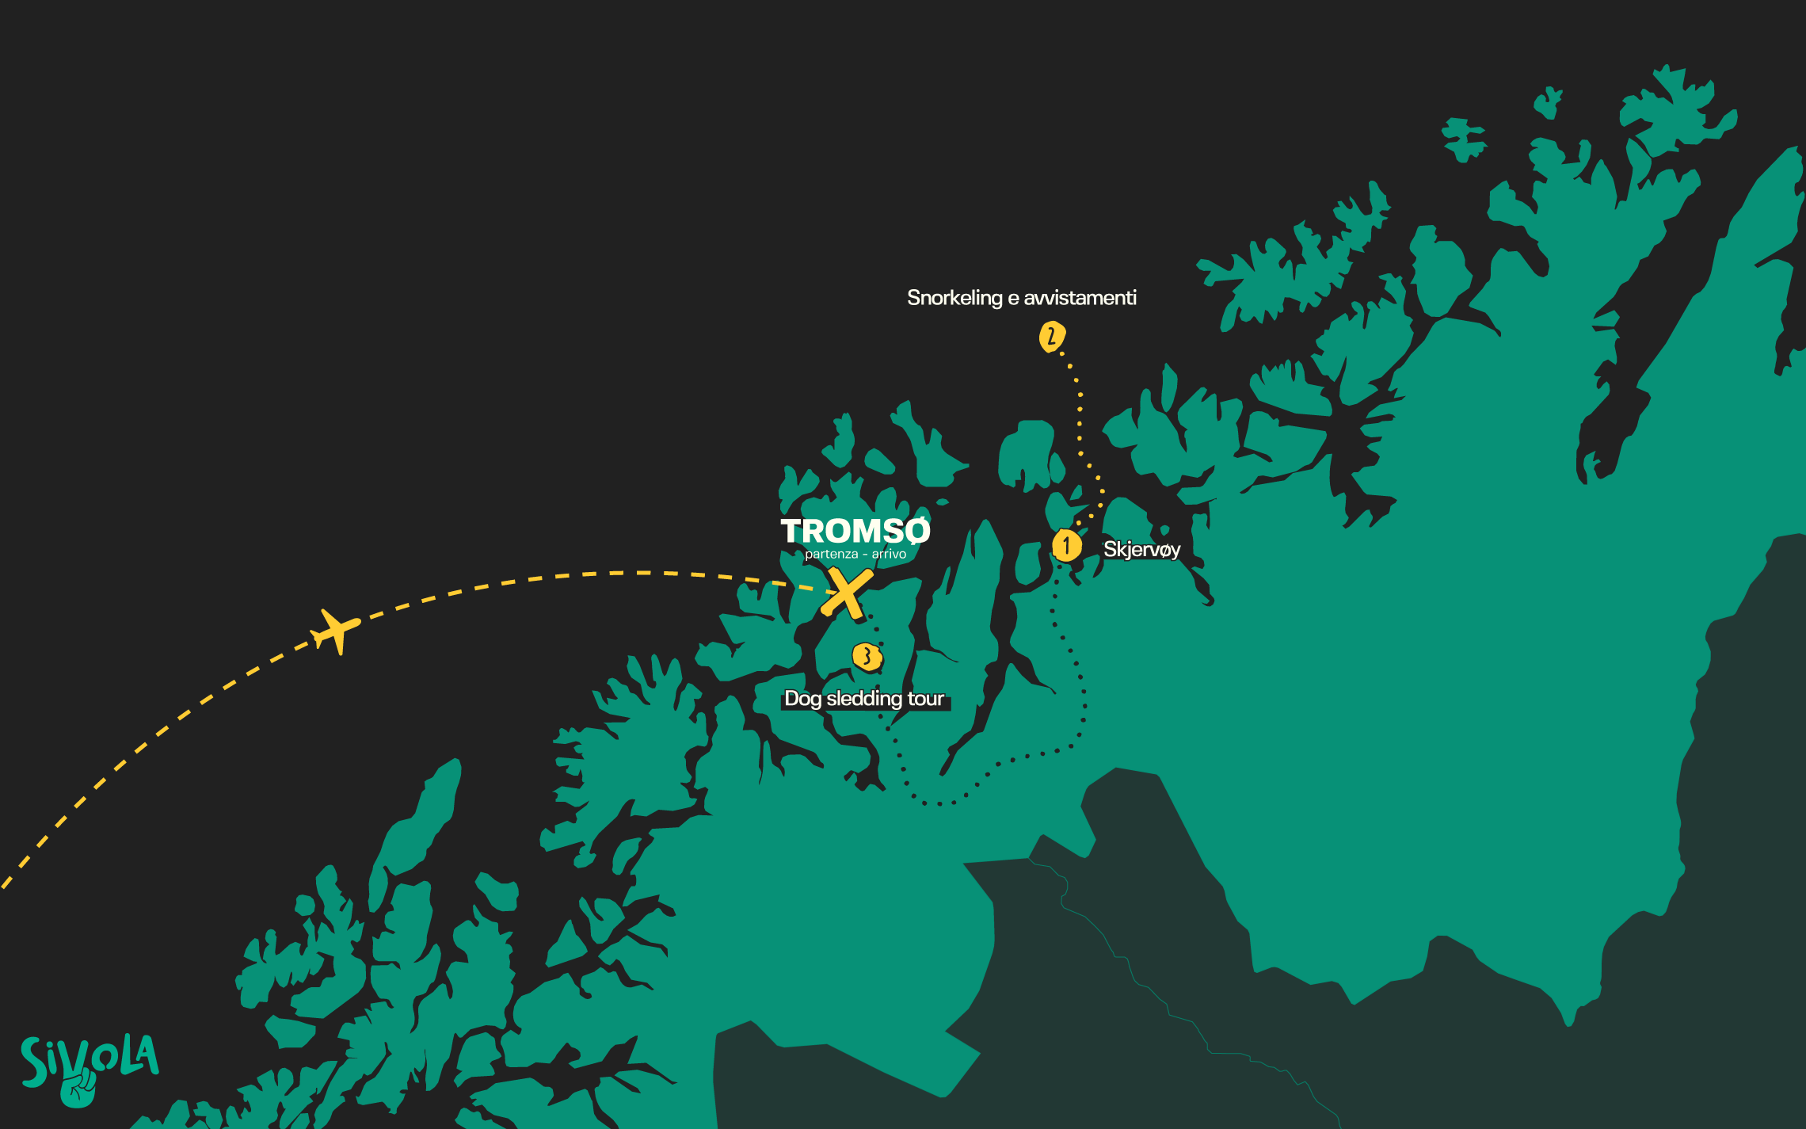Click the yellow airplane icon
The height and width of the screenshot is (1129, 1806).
[x=336, y=631]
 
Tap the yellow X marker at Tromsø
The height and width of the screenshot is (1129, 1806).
[x=846, y=593]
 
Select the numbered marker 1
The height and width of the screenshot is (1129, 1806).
[x=1066, y=545]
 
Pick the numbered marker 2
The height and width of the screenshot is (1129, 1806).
[x=1051, y=337]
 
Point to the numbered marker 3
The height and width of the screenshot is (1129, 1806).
[x=867, y=657]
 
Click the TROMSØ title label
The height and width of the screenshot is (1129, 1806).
[x=855, y=531]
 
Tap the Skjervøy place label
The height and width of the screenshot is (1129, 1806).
[x=1141, y=549]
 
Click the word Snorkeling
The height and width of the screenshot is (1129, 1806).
[x=954, y=298]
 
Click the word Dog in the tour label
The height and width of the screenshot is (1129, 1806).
[x=802, y=699]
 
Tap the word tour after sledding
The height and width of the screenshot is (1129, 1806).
[x=925, y=698]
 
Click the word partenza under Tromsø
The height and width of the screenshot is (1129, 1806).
[x=831, y=554]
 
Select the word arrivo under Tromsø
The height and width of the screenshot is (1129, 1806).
[x=889, y=554]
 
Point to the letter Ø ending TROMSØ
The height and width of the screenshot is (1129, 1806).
[x=916, y=531]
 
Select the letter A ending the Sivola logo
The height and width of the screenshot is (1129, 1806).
[x=146, y=1055]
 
